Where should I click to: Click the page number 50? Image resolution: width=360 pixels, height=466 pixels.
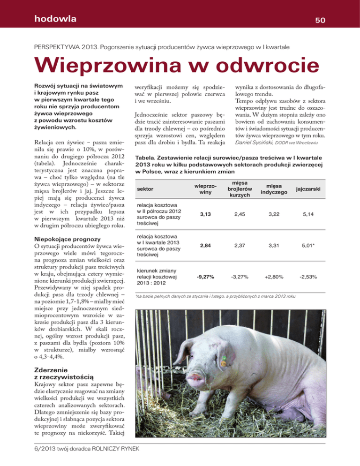(x=320, y=20)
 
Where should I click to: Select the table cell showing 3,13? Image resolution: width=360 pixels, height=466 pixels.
(x=204, y=214)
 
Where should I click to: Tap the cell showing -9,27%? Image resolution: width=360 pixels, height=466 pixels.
(x=204, y=277)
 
